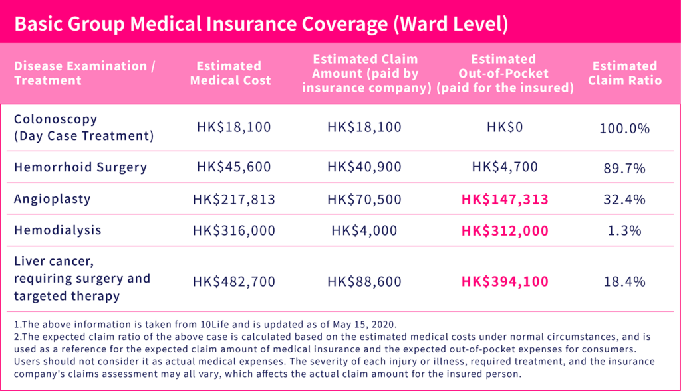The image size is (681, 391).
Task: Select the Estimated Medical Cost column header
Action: pos(230,73)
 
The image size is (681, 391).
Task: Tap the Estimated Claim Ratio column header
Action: pos(624,73)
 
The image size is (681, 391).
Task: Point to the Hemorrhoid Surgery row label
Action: pos(80,167)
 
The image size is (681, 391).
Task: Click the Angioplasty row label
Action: pos(52,199)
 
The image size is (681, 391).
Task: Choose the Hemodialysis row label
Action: pos(58,230)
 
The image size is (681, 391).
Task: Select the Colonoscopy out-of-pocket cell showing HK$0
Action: pos(504,127)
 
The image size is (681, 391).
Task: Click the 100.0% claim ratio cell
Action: pos(624,129)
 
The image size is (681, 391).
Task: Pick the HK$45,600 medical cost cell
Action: pos(234,167)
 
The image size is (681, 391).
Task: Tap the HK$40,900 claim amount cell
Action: pos(364,167)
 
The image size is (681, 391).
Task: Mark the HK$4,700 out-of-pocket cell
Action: pos(504,167)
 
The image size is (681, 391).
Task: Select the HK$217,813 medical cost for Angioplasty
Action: pos(233,199)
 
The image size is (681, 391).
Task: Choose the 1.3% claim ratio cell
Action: pos(624,231)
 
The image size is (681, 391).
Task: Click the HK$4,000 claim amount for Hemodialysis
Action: pos(364,230)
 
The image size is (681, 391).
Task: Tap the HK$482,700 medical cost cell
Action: pos(233,281)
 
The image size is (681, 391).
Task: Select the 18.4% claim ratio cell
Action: pos(624,281)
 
